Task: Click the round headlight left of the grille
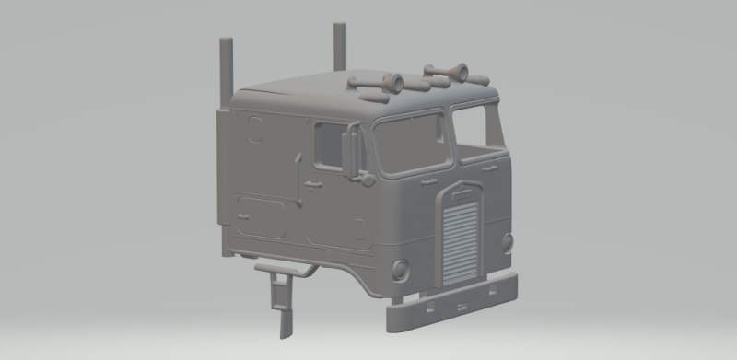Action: click(x=400, y=270)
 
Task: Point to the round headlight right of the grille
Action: click(x=508, y=242)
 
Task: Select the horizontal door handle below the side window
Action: click(x=313, y=185)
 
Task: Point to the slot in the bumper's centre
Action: click(x=465, y=301)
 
